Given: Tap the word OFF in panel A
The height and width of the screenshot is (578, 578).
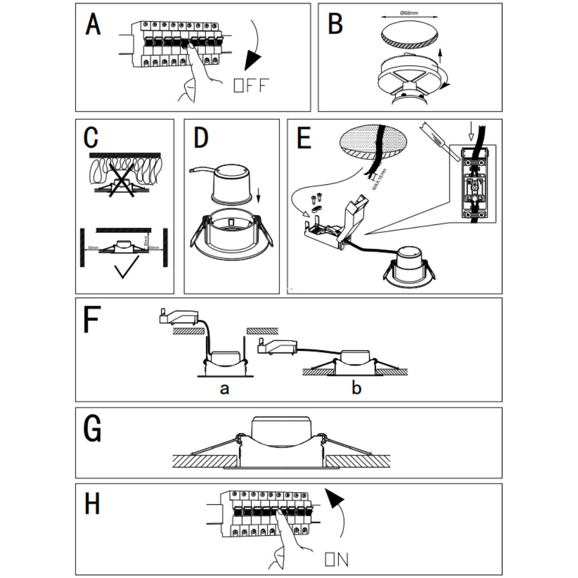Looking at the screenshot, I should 251,86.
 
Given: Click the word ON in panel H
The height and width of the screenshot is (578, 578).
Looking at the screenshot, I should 336,559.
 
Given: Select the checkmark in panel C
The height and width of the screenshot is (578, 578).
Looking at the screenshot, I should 129,269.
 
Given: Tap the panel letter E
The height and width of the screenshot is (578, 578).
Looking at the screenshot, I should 304,139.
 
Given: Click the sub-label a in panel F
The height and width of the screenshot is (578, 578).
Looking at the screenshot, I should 225,389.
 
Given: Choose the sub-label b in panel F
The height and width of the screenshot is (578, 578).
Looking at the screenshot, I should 356,389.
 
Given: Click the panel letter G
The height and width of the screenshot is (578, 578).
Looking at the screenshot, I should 92,429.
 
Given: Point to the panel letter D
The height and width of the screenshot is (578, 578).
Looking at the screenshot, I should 201,138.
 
